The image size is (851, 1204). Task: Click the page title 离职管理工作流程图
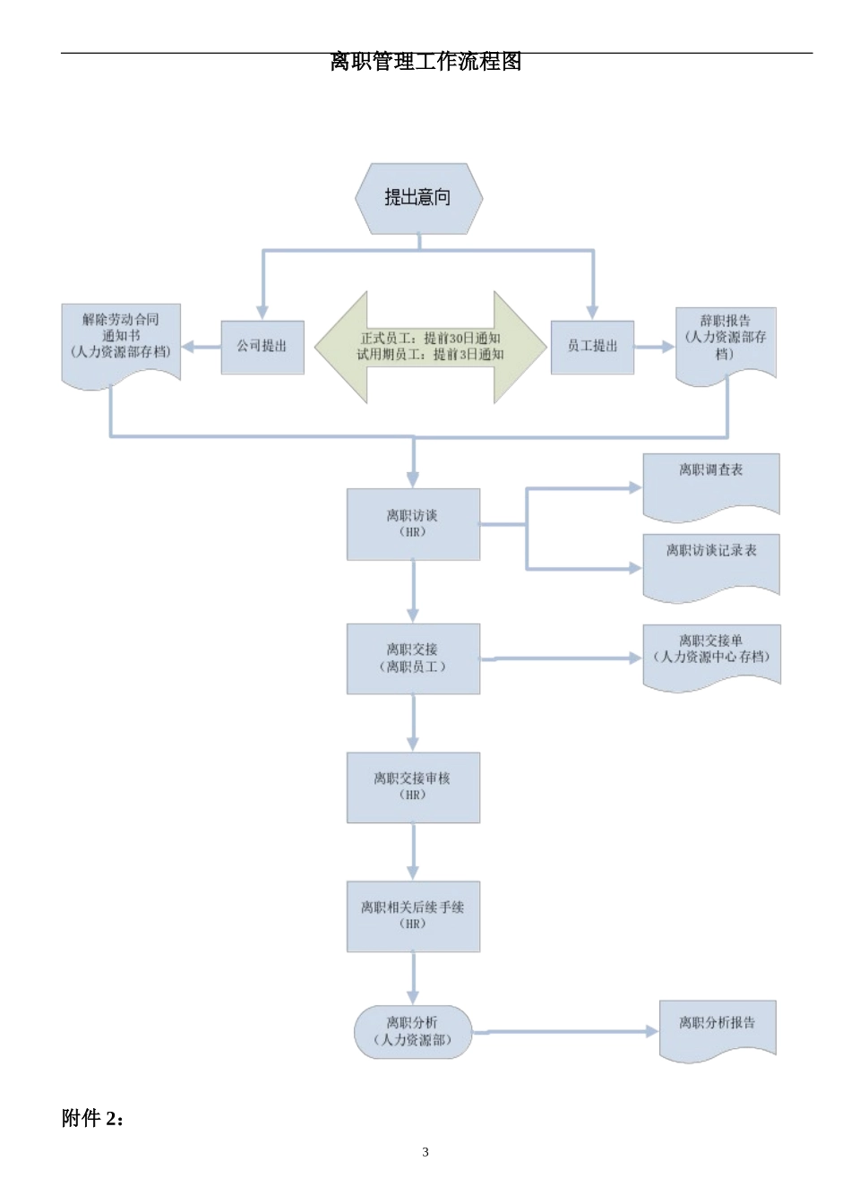[425, 62]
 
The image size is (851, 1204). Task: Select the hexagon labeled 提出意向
[418, 198]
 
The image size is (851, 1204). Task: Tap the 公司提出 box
[262, 347]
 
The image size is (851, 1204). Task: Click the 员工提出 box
[592, 347]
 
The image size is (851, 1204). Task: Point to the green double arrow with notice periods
[430, 347]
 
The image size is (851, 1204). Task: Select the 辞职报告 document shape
[725, 341]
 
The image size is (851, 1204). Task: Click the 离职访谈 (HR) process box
[413, 524]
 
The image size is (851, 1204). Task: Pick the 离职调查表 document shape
[711, 484]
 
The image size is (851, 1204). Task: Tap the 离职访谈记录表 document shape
[711, 564]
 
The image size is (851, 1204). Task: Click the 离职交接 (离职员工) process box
[413, 658]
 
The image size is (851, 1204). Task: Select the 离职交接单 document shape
[711, 655]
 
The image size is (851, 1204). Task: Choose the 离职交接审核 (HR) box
[413, 787]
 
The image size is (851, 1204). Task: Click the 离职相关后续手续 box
[413, 916]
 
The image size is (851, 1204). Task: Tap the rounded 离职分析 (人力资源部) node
[413, 1032]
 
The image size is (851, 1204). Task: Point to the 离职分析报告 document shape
[717, 1028]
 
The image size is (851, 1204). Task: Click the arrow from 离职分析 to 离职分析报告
[564, 1032]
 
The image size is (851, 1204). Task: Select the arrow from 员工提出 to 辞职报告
[654, 347]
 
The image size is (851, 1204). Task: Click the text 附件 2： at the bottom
[93, 1119]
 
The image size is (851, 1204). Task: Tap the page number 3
[425, 1152]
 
